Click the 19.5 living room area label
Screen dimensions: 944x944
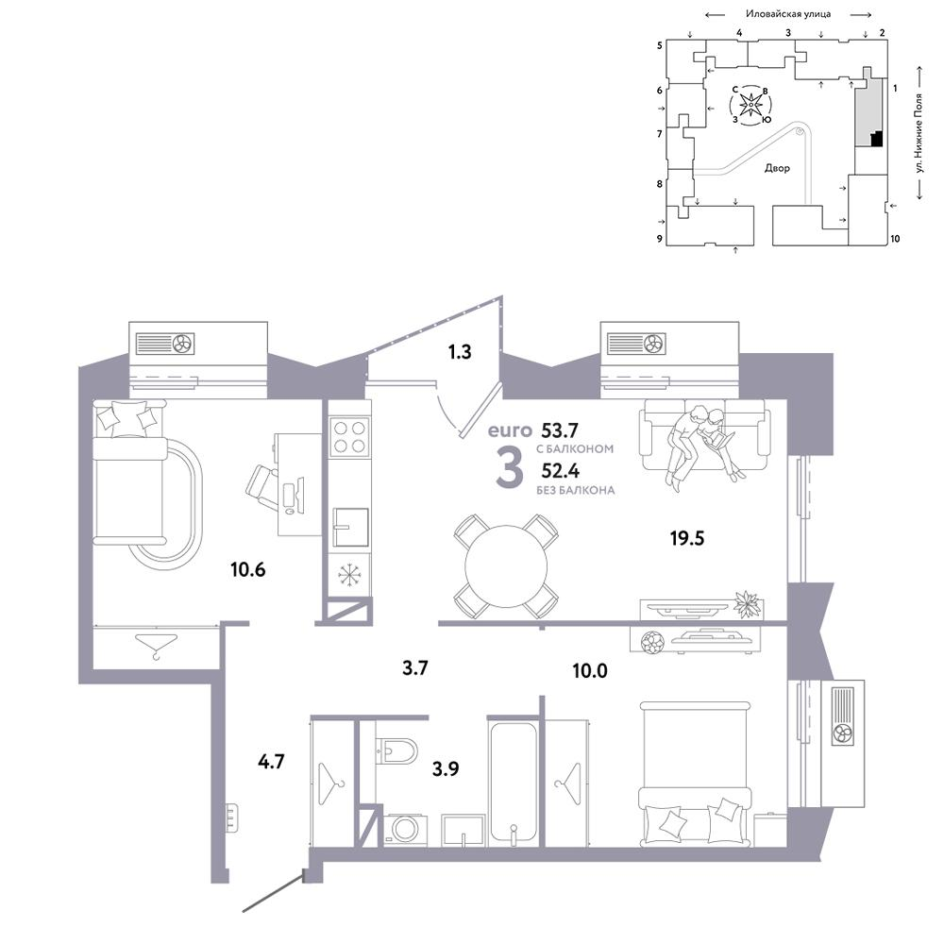click(687, 538)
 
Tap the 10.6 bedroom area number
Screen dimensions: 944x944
click(247, 569)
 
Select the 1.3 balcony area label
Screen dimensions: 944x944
click(460, 351)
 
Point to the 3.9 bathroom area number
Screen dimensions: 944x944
click(446, 768)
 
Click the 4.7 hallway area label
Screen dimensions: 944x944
click(271, 762)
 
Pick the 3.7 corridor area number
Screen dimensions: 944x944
click(414, 667)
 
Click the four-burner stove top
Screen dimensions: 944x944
click(350, 437)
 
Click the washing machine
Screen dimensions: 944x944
click(405, 829)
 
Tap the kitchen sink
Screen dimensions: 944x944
click(351, 527)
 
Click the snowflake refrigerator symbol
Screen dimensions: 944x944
click(349, 575)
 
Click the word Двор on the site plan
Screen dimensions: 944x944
click(777, 168)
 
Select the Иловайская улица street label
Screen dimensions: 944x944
click(788, 14)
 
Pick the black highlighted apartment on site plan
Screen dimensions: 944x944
click(877, 139)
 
